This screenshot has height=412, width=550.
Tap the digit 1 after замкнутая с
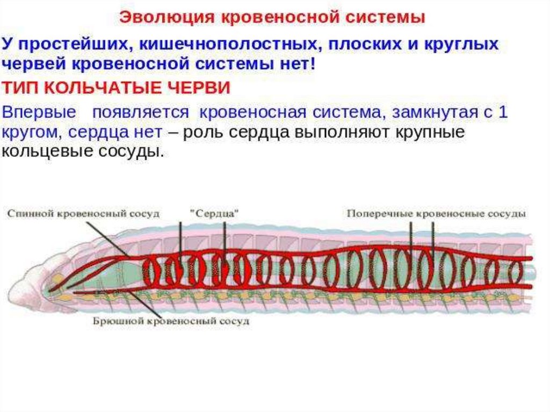point(503,113)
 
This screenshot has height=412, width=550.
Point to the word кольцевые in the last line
point(45,152)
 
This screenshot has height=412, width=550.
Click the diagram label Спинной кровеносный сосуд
point(83,213)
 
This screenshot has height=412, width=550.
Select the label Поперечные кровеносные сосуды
point(436,213)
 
